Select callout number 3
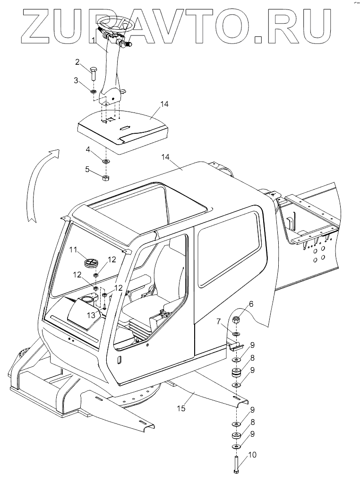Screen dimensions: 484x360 tap(76, 80)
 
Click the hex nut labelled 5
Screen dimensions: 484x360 tap(106, 177)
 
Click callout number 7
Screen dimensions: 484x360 tap(219, 322)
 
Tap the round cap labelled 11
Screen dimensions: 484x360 tap(90, 262)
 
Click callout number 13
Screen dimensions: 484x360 tap(90, 314)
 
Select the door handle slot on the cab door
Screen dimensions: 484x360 tap(120, 360)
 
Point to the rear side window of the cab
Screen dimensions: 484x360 tap(229, 251)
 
